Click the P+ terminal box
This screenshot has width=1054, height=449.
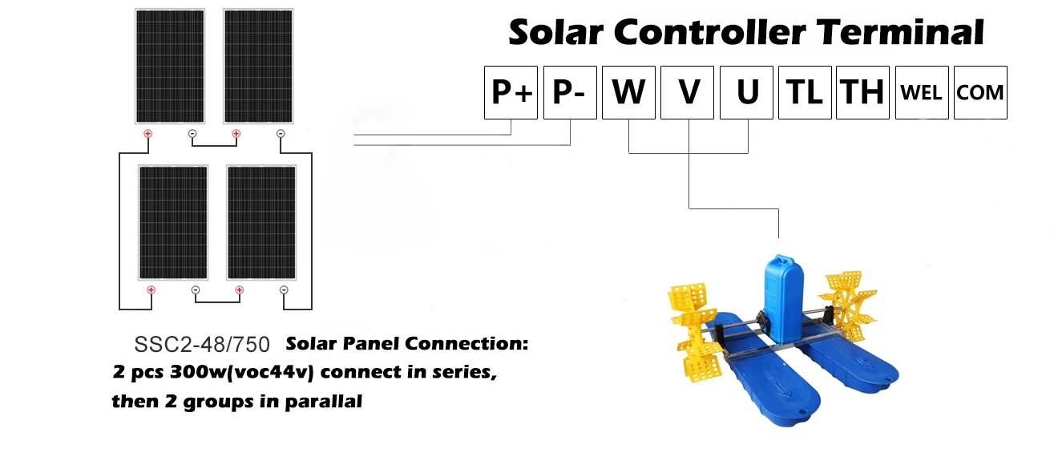[x=511, y=93]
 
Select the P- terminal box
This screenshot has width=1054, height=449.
[x=570, y=93]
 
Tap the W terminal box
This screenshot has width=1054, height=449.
[x=629, y=93]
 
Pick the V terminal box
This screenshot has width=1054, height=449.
[x=689, y=93]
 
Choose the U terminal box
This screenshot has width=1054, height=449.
[x=747, y=93]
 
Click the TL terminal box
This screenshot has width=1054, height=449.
[x=806, y=93]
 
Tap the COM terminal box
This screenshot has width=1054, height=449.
[x=980, y=93]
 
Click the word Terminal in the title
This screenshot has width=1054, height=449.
[x=900, y=32]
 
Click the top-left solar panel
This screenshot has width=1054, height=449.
[x=169, y=66]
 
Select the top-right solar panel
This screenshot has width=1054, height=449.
[x=256, y=66]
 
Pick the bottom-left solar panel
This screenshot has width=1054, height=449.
[x=173, y=222]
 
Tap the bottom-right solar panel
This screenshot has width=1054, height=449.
[x=260, y=222]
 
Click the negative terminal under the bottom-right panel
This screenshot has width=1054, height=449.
[x=284, y=289]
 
